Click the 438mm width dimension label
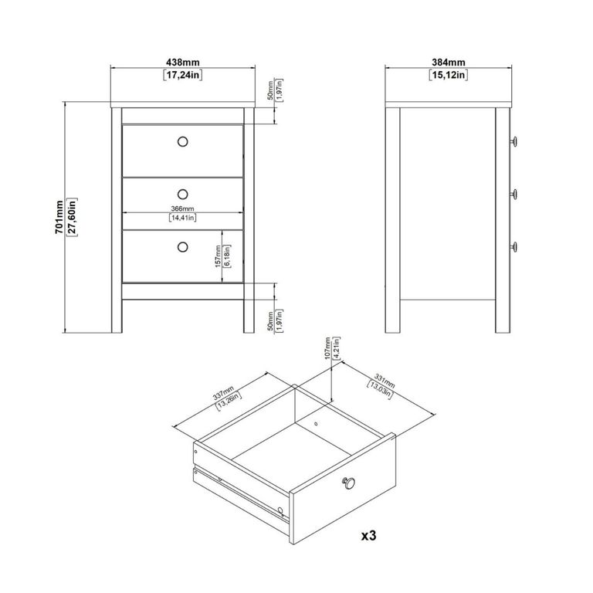[x=183, y=63]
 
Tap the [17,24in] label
[x=183, y=76]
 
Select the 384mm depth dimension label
[x=447, y=63]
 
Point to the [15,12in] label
[x=447, y=76]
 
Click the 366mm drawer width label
[x=183, y=208]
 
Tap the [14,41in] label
[x=183, y=219]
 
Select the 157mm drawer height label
[x=219, y=256]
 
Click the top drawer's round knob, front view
[x=183, y=141]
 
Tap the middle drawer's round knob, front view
[x=183, y=193]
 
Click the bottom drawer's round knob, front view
[x=183, y=246]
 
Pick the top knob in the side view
[x=513, y=141]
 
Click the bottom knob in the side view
[x=513, y=246]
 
